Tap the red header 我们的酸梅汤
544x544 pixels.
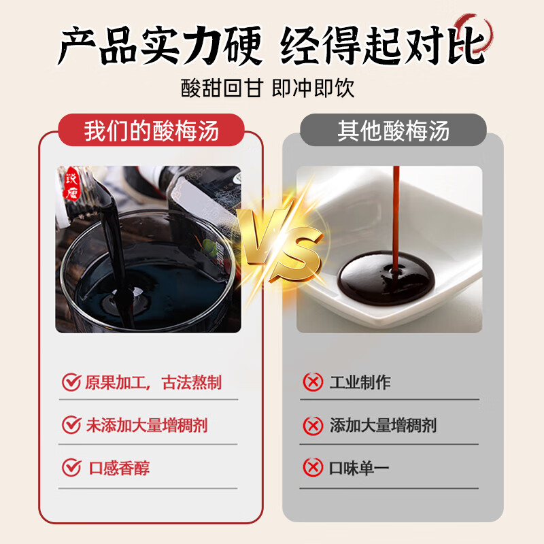click(x=151, y=131)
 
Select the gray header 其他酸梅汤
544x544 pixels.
click(x=394, y=131)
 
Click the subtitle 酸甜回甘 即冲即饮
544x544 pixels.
click(x=268, y=88)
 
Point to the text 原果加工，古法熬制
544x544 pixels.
click(x=153, y=382)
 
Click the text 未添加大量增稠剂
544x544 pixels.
click(x=146, y=426)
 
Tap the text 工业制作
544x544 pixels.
click(x=360, y=382)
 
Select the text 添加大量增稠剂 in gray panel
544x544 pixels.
click(x=383, y=426)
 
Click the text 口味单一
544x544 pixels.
click(x=360, y=469)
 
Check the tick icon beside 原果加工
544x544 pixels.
click(x=71, y=382)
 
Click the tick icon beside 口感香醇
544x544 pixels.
click(x=71, y=468)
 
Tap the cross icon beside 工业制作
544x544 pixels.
click(x=313, y=382)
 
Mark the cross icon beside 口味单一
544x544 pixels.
click(x=313, y=468)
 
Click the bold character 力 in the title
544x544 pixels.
click(x=207, y=46)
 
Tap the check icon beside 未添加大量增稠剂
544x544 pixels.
click(x=71, y=426)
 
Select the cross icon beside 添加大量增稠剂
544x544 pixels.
click(x=313, y=426)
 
